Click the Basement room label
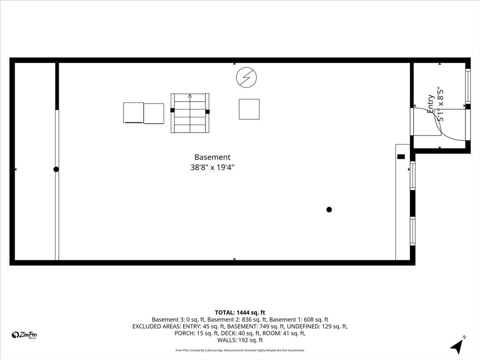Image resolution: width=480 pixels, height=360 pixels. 212,157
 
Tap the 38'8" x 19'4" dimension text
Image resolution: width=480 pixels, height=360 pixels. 212,167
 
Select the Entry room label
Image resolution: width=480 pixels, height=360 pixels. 430,104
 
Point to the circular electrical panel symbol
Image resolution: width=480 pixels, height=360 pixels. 247,77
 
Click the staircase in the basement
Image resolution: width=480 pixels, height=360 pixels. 190,113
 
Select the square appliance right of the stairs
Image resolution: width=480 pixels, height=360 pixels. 249,109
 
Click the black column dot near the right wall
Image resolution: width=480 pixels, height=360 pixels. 329,210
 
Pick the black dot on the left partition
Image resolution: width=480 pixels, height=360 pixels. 56,169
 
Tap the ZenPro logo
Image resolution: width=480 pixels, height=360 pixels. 24,335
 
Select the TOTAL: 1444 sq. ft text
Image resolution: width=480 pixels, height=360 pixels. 240,313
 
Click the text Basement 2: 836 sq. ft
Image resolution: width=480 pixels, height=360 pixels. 237,320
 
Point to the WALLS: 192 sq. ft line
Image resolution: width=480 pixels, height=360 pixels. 240,340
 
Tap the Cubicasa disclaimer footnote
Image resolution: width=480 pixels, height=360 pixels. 240,350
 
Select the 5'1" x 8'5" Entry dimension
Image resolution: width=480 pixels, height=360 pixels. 441,105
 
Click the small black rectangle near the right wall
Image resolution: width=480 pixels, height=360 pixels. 401,157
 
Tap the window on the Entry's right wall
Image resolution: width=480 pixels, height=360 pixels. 468,86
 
